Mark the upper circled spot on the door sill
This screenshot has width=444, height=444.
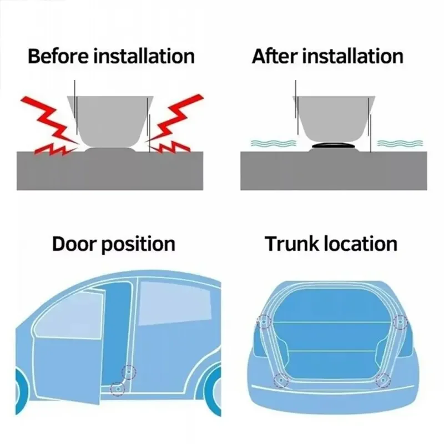click(x=129, y=372)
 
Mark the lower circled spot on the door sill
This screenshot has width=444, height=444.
click(x=117, y=388)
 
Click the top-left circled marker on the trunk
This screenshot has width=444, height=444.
click(x=263, y=322)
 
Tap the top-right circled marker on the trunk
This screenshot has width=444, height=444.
click(x=400, y=322)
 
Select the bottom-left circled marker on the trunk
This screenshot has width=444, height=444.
click(x=281, y=380)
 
